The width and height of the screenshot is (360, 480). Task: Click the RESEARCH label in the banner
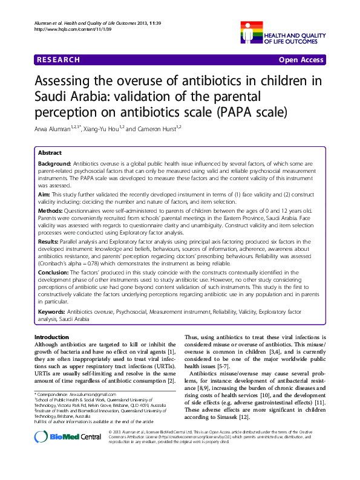[x=58, y=60]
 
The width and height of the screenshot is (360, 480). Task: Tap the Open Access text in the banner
[x=300, y=60]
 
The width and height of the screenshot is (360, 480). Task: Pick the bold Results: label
[x=50, y=241]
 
